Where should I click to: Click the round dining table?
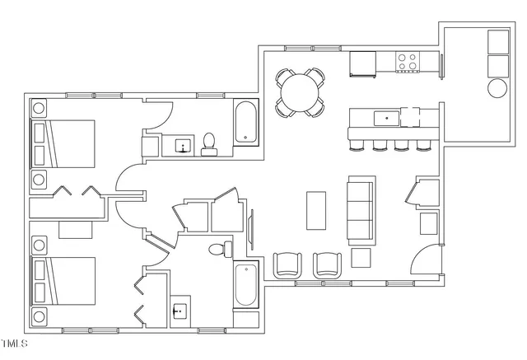pos(300,90)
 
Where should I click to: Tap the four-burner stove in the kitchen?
pos(407,62)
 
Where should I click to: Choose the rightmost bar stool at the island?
pos(423,146)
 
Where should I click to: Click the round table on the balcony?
pos(497,88)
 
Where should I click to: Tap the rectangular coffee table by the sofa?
pos(316,211)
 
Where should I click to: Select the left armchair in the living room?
pos(287,264)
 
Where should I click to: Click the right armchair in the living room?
pos(328,264)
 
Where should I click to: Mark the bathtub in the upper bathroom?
pos(245,123)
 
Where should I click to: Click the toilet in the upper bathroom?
pos(209,144)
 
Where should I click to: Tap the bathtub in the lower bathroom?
pos(245,286)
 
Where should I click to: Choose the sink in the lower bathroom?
pos(181,311)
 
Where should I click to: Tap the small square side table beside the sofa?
pos(361,258)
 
